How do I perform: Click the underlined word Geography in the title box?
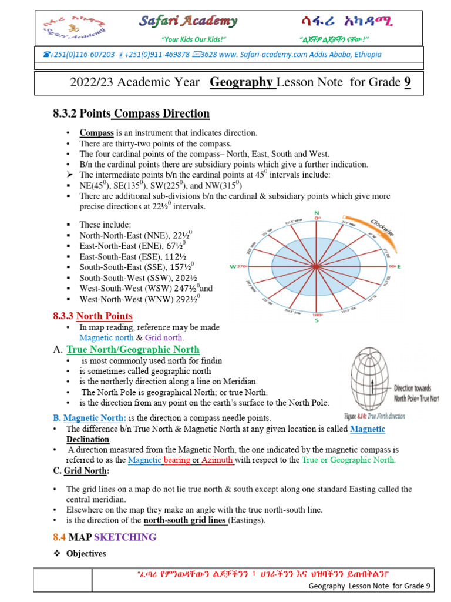[243, 82]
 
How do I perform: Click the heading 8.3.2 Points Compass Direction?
[131, 113]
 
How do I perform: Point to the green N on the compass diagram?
[317, 212]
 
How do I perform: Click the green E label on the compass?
[399, 267]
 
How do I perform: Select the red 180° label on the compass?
[317, 315]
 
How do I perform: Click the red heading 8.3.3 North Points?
[93, 316]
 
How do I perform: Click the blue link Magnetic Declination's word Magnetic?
[368, 429]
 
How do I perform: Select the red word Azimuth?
[217, 460]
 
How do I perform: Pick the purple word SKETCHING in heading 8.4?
[125, 537]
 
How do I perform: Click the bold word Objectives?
[86, 553]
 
